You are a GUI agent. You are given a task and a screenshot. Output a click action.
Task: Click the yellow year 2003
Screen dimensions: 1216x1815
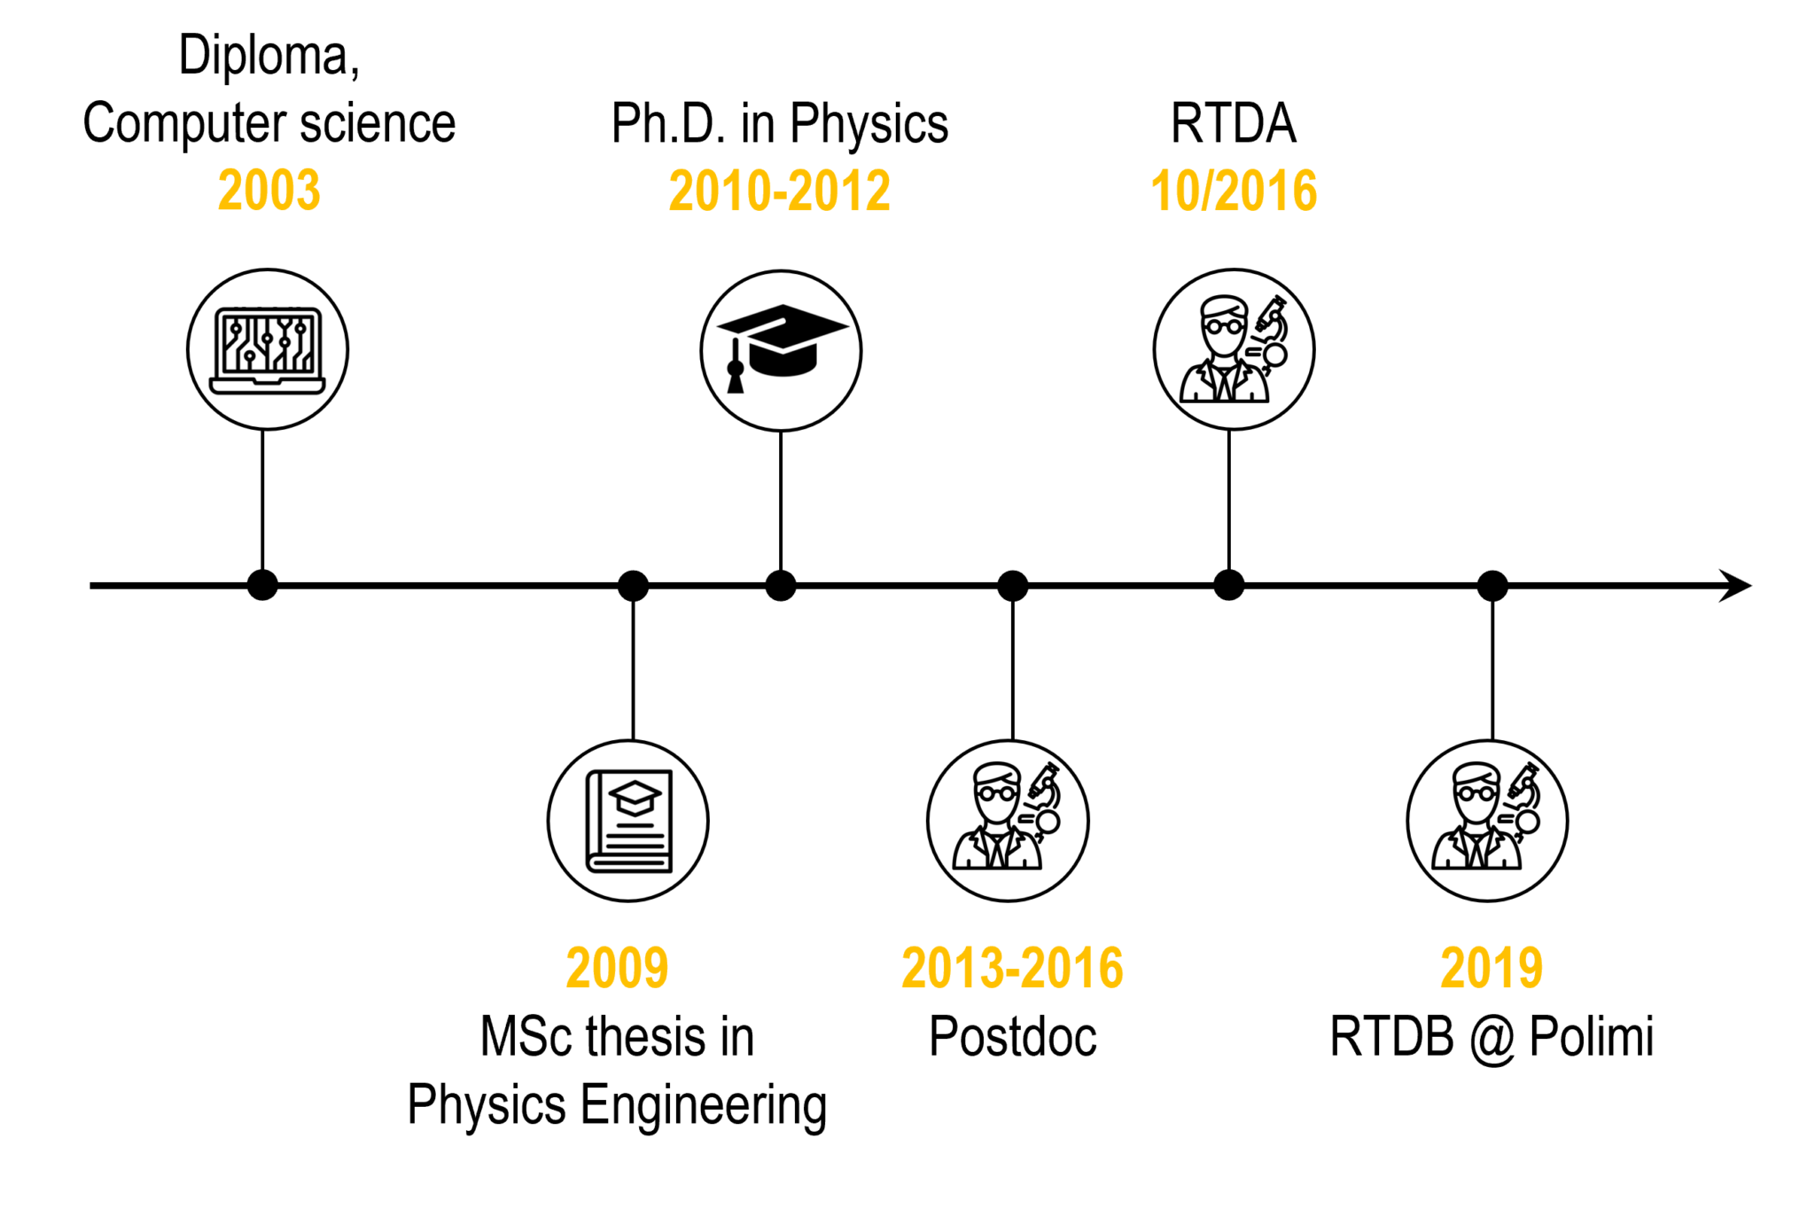269,191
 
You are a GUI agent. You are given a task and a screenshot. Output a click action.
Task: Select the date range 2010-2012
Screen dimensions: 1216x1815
779,191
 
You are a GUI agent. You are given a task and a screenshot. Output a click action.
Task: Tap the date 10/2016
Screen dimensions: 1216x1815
1234,191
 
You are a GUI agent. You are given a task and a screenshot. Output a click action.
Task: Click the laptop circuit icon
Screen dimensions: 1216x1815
268,350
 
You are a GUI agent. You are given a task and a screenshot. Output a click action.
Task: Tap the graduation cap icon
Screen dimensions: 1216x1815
781,350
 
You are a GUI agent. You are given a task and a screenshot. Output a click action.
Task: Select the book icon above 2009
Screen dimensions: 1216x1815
628,821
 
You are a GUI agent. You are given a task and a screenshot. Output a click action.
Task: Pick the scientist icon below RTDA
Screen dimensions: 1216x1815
1234,350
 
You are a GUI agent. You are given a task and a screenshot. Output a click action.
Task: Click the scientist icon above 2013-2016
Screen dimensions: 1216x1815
1008,821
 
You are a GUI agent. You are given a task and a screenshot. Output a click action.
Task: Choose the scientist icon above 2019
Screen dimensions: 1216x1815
1487,821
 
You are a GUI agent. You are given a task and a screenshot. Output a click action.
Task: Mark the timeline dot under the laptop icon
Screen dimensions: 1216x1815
262,586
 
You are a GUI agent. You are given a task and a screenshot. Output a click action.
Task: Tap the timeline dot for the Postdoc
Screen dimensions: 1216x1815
1013,586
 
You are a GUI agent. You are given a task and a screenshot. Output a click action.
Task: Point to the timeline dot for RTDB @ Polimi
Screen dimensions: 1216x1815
1492,586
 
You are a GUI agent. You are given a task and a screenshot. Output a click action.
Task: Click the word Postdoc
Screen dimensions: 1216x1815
1012,1036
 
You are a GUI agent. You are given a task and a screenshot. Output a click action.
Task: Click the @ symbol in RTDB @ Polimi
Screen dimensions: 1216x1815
1492,1038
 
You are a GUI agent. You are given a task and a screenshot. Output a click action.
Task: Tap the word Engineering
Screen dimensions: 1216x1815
704,1105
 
